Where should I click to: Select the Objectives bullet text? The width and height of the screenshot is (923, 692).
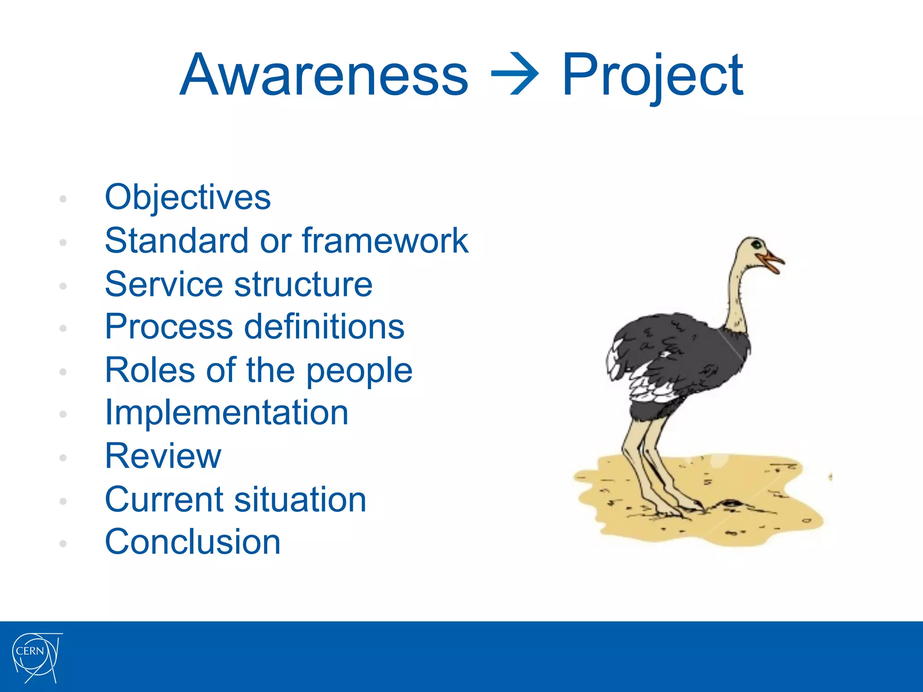click(187, 198)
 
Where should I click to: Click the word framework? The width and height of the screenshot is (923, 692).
click(385, 241)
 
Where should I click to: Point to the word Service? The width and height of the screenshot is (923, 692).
click(164, 285)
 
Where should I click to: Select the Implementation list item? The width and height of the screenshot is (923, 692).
click(226, 413)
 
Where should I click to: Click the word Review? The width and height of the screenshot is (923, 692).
click(163, 456)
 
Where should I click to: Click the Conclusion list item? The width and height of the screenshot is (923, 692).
click(192, 542)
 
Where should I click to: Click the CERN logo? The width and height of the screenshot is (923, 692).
click(36, 657)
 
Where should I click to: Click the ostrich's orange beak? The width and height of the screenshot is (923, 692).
click(772, 262)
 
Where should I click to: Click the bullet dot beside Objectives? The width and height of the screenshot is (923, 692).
click(63, 199)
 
